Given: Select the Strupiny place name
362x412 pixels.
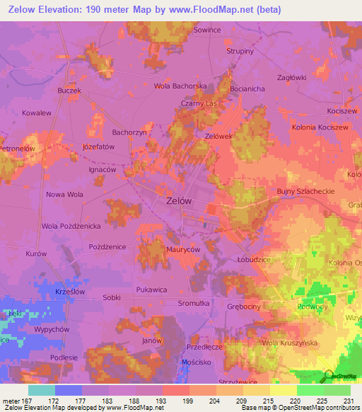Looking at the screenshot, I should tap(240, 52).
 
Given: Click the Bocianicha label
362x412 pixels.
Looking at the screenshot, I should tap(247, 89).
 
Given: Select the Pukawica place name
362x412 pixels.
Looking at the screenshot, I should tap(151, 290).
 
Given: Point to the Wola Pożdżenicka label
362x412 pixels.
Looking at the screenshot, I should tap(71, 226).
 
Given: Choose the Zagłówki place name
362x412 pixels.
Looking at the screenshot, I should tap(291, 77).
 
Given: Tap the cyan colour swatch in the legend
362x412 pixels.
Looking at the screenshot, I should tap(42, 390).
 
